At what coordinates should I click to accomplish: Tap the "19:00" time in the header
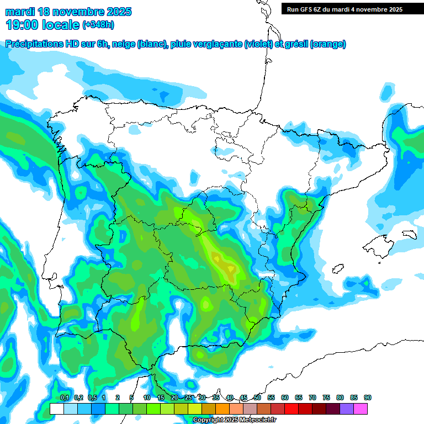click(x=22, y=24)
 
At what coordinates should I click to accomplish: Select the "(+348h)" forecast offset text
click(x=98, y=25)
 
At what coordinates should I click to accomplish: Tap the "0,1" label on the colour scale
click(x=64, y=397)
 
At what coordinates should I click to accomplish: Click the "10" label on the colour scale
click(x=147, y=397)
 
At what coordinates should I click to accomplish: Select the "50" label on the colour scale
click(x=257, y=397)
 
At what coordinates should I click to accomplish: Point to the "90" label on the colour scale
click(x=368, y=397)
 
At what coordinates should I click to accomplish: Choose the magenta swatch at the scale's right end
click(x=361, y=409)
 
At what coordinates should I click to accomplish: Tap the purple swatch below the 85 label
click(x=347, y=409)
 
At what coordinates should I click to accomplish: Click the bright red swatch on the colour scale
click(x=291, y=409)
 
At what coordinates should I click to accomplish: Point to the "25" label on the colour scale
click(x=188, y=397)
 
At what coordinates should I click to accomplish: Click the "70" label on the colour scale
click(x=312, y=397)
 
